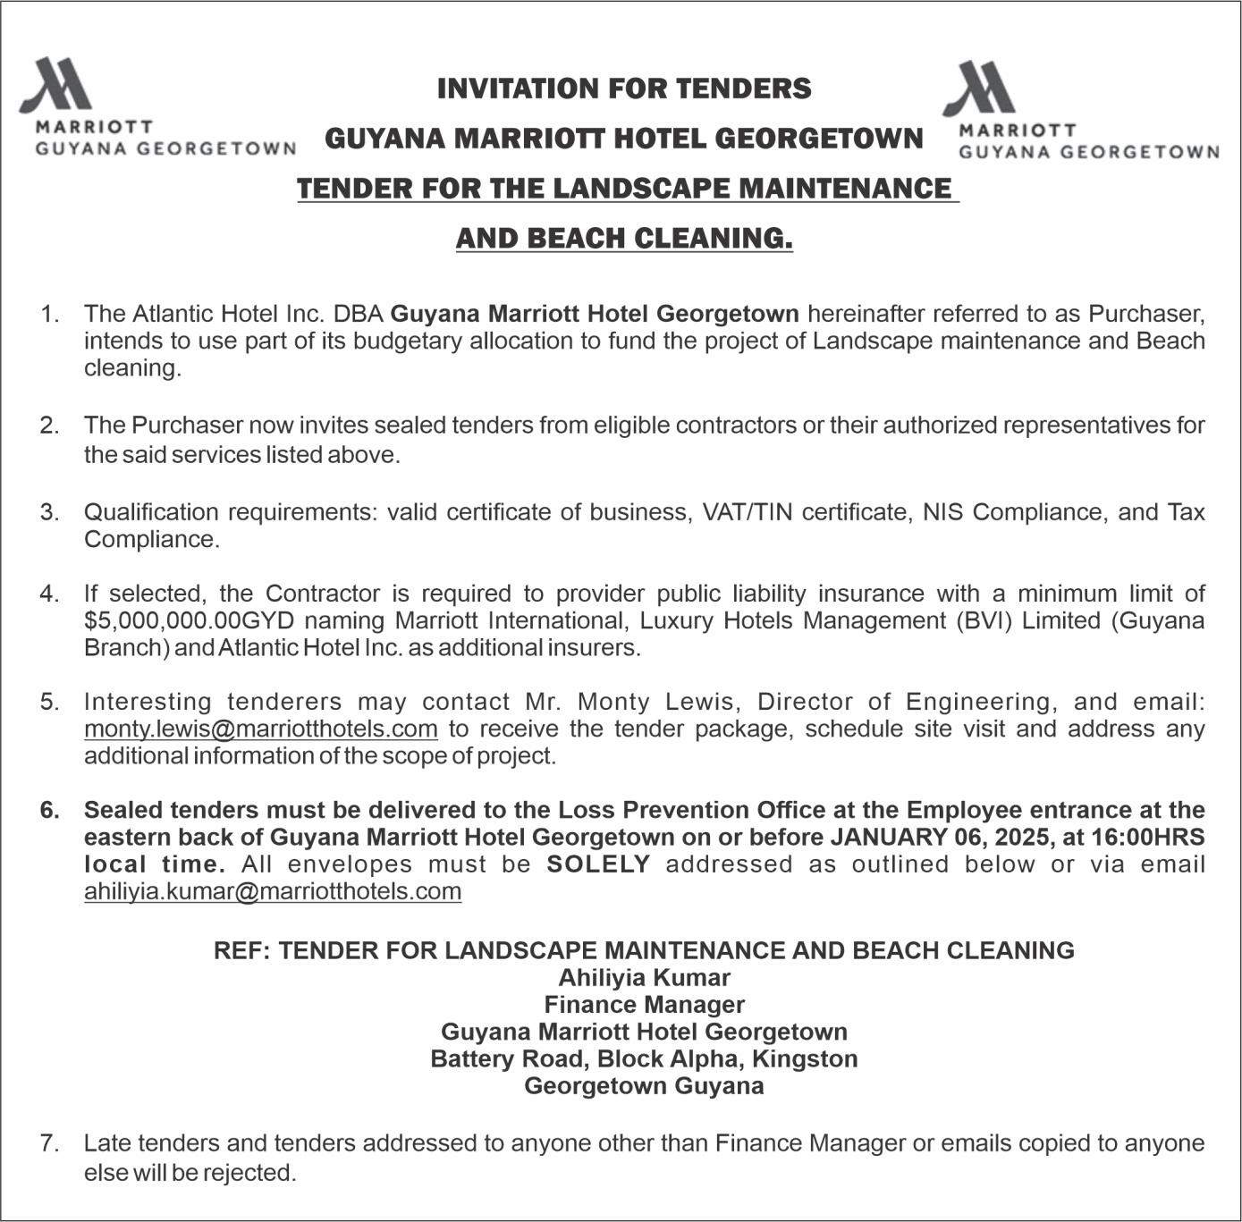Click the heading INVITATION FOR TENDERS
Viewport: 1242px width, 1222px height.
coord(624,88)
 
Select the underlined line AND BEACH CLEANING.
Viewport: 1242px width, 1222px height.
coord(624,239)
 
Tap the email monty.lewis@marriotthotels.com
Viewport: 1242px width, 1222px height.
coord(260,729)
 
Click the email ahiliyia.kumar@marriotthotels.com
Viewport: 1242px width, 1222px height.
coord(273,891)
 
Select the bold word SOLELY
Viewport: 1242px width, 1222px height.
coord(598,864)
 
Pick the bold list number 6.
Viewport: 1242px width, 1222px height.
coord(49,810)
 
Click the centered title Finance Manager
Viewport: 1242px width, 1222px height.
coord(644,1005)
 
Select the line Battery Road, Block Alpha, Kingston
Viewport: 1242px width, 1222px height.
coord(644,1059)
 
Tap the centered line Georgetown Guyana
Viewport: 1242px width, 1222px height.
coord(644,1086)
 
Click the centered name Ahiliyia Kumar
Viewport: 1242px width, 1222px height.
coord(644,978)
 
